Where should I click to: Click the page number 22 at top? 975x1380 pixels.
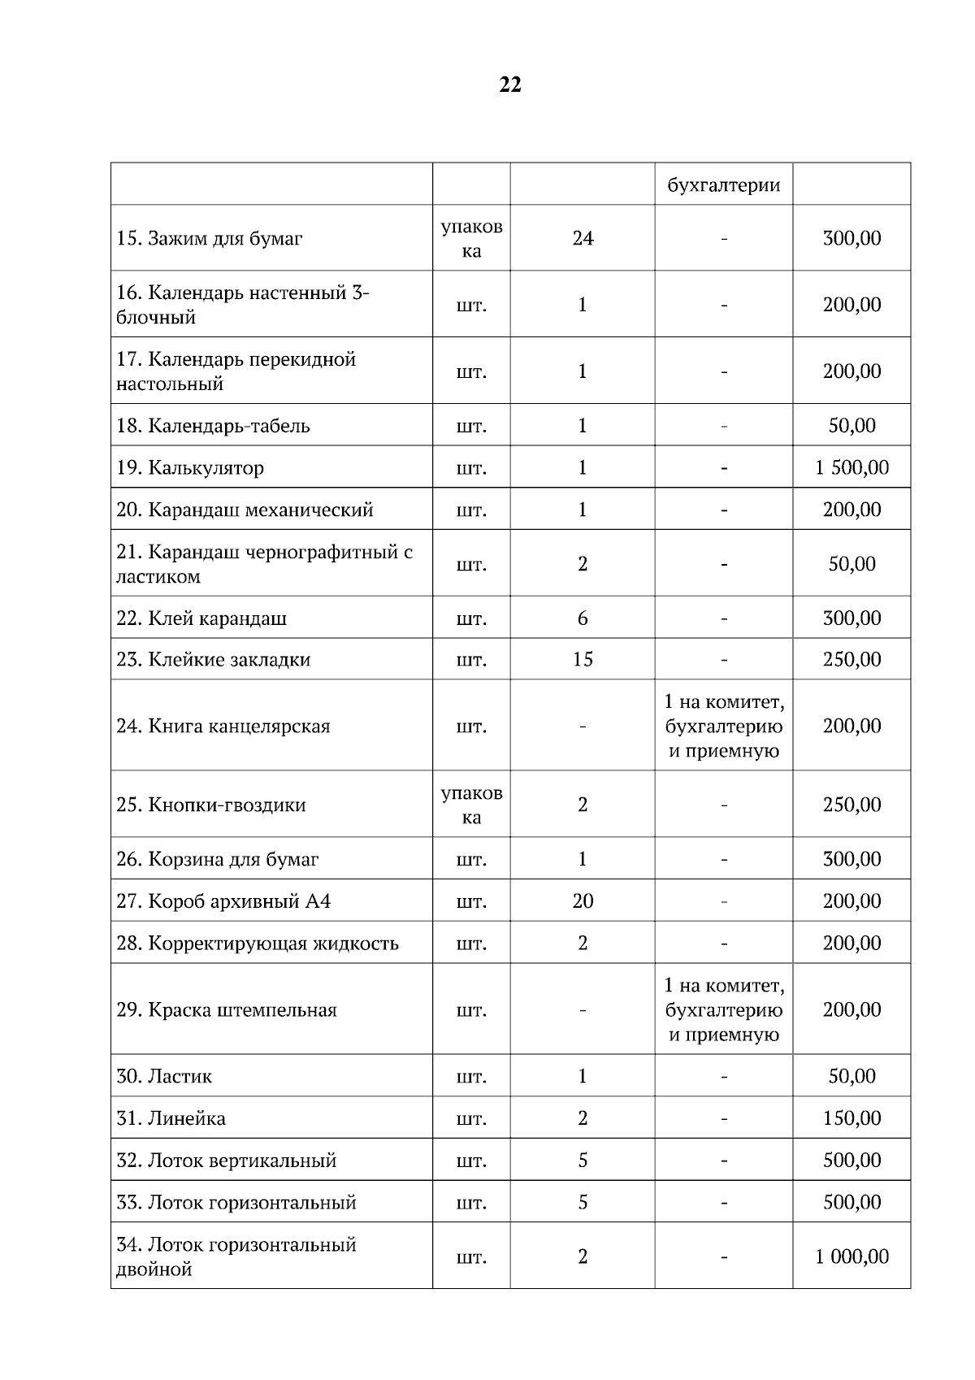[x=510, y=85]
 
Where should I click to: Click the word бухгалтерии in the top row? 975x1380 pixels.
[x=723, y=185]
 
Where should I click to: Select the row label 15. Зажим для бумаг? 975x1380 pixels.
[x=210, y=239]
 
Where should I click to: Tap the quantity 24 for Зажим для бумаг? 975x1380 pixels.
[x=583, y=238]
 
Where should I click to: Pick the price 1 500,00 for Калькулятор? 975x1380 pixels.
[x=851, y=468]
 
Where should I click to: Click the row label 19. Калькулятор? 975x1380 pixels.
[x=190, y=468]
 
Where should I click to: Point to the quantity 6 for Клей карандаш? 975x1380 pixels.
[x=583, y=618]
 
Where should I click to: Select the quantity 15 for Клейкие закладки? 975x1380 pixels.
[x=583, y=659]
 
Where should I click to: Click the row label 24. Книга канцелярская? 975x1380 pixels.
[x=223, y=727]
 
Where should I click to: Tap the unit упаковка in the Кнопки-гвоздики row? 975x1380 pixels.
[x=471, y=805]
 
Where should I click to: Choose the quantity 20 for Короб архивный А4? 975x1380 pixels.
[x=583, y=901]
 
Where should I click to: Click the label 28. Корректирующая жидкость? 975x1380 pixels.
[x=258, y=944]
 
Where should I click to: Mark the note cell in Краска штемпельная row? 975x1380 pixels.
[x=723, y=1009]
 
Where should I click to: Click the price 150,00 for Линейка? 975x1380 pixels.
[x=851, y=1118]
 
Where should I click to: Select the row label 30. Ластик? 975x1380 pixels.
[x=164, y=1077]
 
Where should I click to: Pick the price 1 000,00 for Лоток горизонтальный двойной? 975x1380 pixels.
[x=851, y=1256]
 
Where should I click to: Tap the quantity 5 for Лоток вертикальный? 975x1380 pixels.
[x=583, y=1161]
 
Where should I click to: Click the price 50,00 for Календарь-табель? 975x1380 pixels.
[x=851, y=426]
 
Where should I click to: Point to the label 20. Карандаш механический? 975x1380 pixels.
[x=245, y=510]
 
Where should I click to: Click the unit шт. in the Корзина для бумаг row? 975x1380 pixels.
[x=471, y=860]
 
